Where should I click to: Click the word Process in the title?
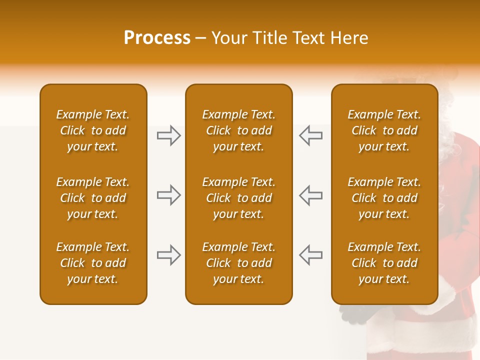click(x=157, y=38)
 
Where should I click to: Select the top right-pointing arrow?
click(x=168, y=135)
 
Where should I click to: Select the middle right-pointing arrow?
click(x=168, y=195)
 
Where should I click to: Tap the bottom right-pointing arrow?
click(x=168, y=255)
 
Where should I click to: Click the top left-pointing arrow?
click(x=310, y=135)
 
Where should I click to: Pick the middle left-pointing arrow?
click(x=310, y=195)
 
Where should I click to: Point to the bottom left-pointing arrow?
click(x=310, y=255)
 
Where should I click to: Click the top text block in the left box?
click(x=93, y=130)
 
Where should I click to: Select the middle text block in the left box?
click(x=93, y=198)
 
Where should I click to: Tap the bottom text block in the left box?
click(x=93, y=263)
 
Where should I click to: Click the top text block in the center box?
click(x=238, y=130)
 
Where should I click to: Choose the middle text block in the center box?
click(x=238, y=198)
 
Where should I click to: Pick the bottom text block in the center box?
click(x=238, y=263)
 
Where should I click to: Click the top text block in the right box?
click(x=384, y=130)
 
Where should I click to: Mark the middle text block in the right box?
click(x=384, y=198)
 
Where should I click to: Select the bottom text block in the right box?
click(x=384, y=263)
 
